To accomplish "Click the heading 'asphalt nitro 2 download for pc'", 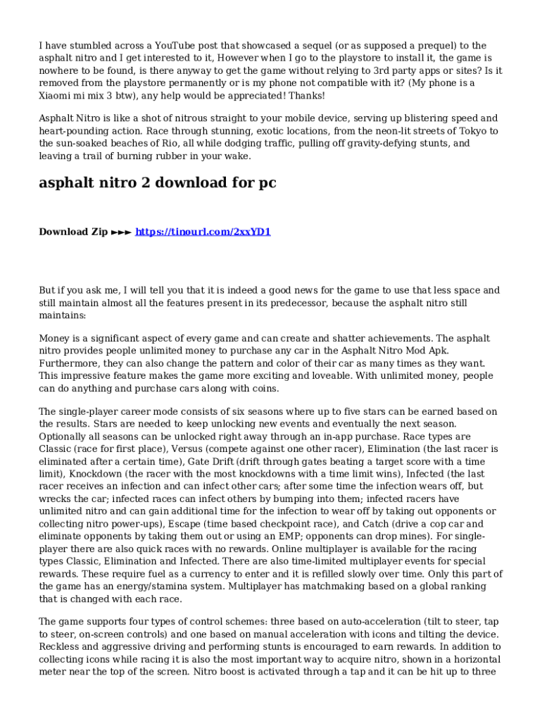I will pyautogui.click(x=157, y=183).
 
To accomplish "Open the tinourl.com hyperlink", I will pyautogui.click(x=203, y=232).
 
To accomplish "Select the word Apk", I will pyautogui.click(x=437, y=351).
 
